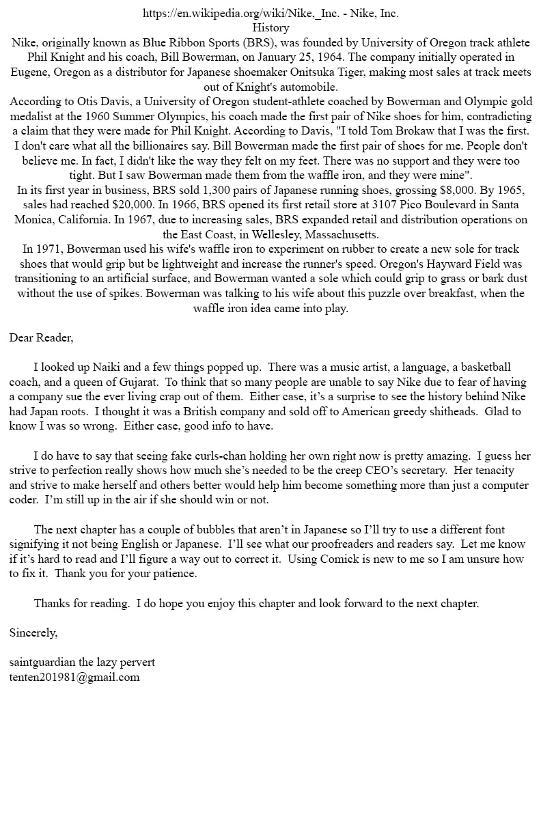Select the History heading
[270, 28]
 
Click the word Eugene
[28, 72]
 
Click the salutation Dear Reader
[40, 337]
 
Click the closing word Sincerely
[33, 633]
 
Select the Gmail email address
[74, 677]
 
